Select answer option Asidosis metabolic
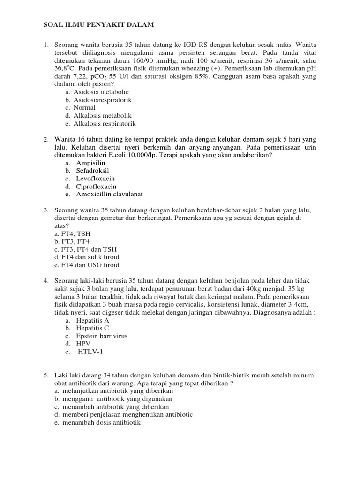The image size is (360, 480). pyautogui.click(x=101, y=92)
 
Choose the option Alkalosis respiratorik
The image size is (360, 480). pyautogui.click(x=105, y=124)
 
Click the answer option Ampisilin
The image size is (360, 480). pyautogui.click(x=91, y=163)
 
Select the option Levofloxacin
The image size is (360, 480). pyautogui.click(x=96, y=179)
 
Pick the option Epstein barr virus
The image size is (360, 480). pyautogui.click(x=102, y=336)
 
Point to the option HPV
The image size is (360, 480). pyautogui.click(x=83, y=344)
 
